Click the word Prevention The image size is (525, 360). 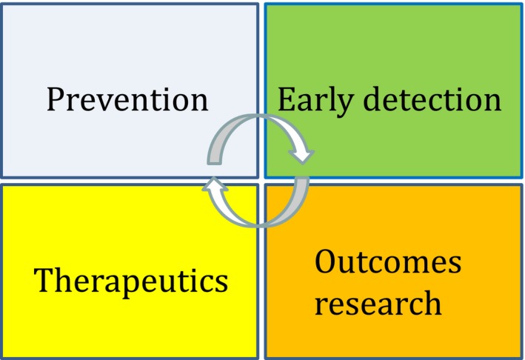coord(127,99)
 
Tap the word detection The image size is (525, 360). coord(432,99)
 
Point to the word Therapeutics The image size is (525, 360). coord(130,281)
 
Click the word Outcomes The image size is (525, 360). coord(388,261)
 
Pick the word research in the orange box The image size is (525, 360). coord(378,302)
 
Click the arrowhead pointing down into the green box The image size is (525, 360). coord(301,156)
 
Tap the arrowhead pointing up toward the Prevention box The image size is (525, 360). coord(215,185)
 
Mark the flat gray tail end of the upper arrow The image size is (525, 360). coord(214,160)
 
